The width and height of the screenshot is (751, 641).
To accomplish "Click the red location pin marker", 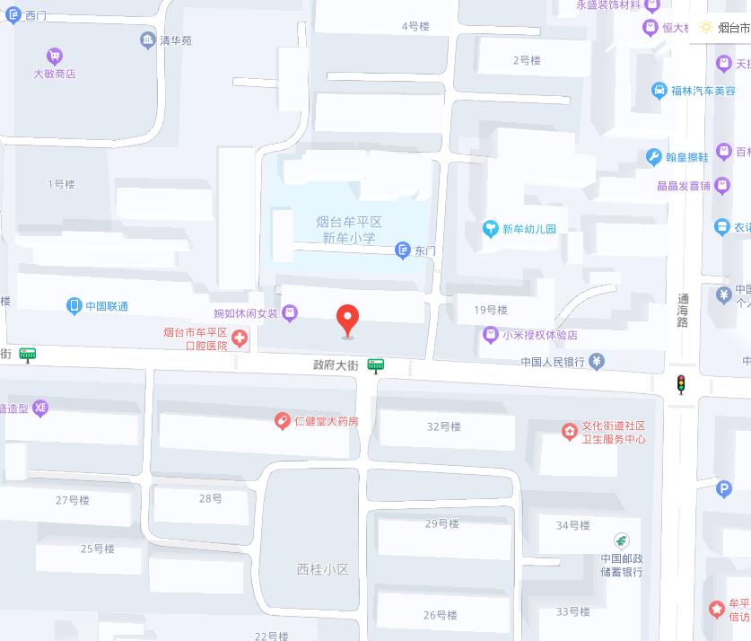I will click(347, 319).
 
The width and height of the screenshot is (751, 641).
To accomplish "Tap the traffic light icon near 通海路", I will click(681, 384).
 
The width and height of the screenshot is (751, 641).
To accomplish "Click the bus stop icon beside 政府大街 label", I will click(375, 365).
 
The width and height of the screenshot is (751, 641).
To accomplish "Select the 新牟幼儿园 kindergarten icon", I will click(490, 229).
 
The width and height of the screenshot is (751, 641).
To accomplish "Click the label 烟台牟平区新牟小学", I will click(349, 230).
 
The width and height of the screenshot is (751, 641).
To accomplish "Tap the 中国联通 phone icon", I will click(74, 306).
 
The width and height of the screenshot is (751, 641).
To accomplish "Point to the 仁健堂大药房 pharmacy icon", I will click(282, 420).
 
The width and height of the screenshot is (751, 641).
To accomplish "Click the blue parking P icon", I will click(724, 489).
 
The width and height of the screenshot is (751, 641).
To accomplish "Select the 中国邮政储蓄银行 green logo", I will click(621, 540).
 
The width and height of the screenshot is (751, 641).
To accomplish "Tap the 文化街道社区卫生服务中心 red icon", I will click(569, 433).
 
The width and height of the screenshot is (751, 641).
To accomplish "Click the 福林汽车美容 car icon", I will click(659, 91).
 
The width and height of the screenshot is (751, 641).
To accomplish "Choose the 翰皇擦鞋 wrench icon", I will click(653, 157).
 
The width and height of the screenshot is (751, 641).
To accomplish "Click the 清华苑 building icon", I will click(148, 40).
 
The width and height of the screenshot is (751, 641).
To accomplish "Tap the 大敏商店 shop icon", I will click(55, 57).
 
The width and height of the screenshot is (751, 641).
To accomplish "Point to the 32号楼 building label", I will click(443, 426).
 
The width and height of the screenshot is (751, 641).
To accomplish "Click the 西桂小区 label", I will click(322, 569).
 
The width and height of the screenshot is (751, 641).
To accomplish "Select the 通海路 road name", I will click(683, 310).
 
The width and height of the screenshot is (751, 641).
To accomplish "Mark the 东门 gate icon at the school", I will click(404, 250).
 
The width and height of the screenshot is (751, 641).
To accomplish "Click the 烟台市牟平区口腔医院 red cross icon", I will click(239, 338).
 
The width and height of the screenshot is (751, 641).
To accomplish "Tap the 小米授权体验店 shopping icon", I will click(490, 335).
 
